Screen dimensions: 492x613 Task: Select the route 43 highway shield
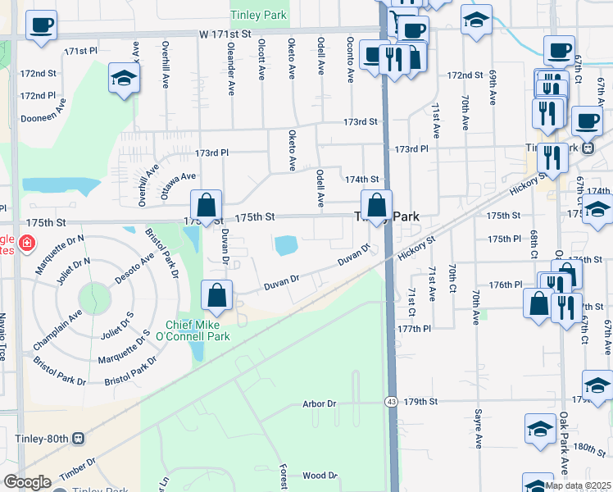point(393,402)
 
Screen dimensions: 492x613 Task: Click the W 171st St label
point(223,34)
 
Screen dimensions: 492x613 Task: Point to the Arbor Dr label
point(320,403)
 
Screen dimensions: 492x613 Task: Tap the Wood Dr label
point(320,475)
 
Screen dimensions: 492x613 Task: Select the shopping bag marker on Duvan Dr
point(217,295)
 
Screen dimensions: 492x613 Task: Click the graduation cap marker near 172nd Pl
point(125,79)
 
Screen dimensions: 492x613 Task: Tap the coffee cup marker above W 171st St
point(41,25)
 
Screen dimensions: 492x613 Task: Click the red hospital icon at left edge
point(26,243)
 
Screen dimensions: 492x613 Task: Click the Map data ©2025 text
point(578,485)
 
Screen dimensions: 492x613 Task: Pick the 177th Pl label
point(415,328)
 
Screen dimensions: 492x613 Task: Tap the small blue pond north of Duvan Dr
point(287,244)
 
